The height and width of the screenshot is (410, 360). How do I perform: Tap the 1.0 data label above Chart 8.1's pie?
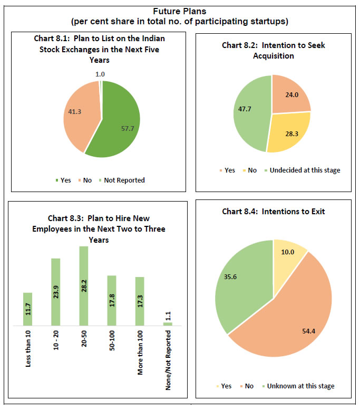coord(100,74)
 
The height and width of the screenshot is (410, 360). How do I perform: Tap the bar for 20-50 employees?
coord(83,285)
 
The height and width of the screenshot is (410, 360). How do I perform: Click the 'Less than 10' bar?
coord(27,309)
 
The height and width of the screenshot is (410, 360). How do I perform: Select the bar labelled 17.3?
coord(140,301)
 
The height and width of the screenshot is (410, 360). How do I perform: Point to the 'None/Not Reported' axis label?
coord(168,353)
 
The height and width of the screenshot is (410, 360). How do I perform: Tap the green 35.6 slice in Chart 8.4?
coord(240,280)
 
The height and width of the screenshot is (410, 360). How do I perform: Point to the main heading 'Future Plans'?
coord(180,11)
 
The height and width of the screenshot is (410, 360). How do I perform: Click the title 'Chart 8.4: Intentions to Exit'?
coord(273,212)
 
